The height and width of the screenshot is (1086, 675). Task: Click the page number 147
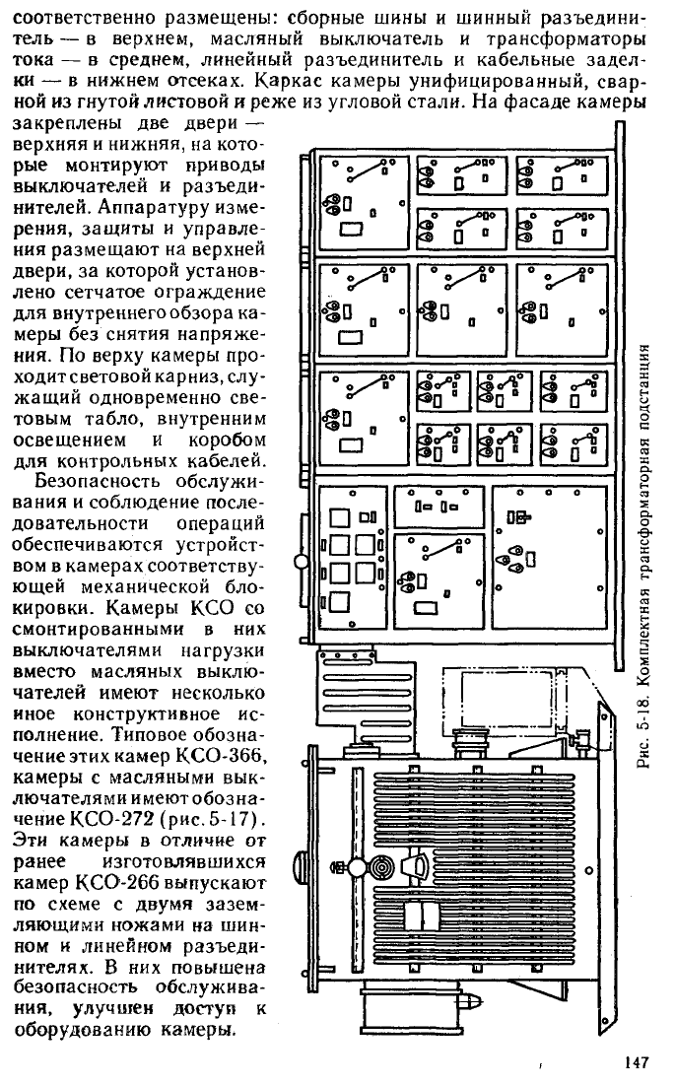click(x=635, y=1061)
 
